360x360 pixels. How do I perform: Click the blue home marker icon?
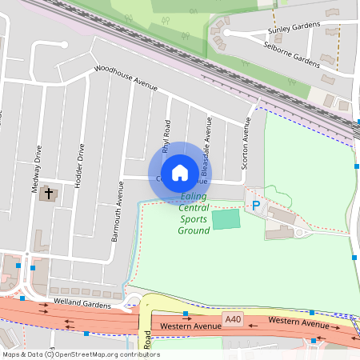[x=180, y=172]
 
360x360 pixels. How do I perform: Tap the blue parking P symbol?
[x=256, y=206]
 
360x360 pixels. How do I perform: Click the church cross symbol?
[x=49, y=194]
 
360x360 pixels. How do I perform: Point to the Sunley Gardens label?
[x=287, y=31]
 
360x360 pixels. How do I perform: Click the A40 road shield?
[x=233, y=320]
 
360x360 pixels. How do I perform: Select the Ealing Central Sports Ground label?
[x=194, y=214]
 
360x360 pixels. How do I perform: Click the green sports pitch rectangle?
[x=226, y=218]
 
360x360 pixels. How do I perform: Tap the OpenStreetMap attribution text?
[x=81, y=354]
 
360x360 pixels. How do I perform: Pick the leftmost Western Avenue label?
[x=190, y=326]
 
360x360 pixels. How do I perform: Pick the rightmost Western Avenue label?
[x=298, y=322]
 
